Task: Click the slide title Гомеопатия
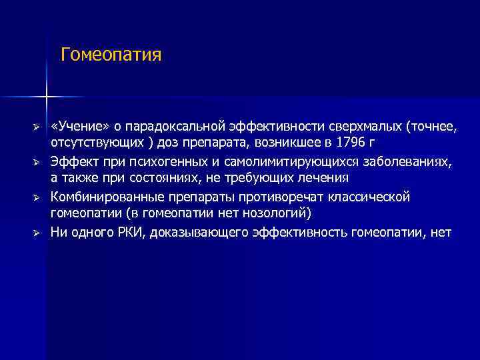pos(111,54)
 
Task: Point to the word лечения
pos(326,178)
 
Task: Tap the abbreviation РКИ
pos(129,233)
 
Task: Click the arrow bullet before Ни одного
pos(38,233)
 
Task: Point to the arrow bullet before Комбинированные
pos(38,198)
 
